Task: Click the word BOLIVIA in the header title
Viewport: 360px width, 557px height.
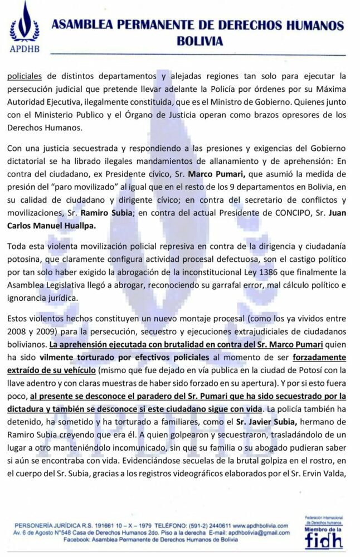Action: coord(200,41)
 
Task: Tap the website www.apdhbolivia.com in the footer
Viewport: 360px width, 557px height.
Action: coord(260,525)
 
